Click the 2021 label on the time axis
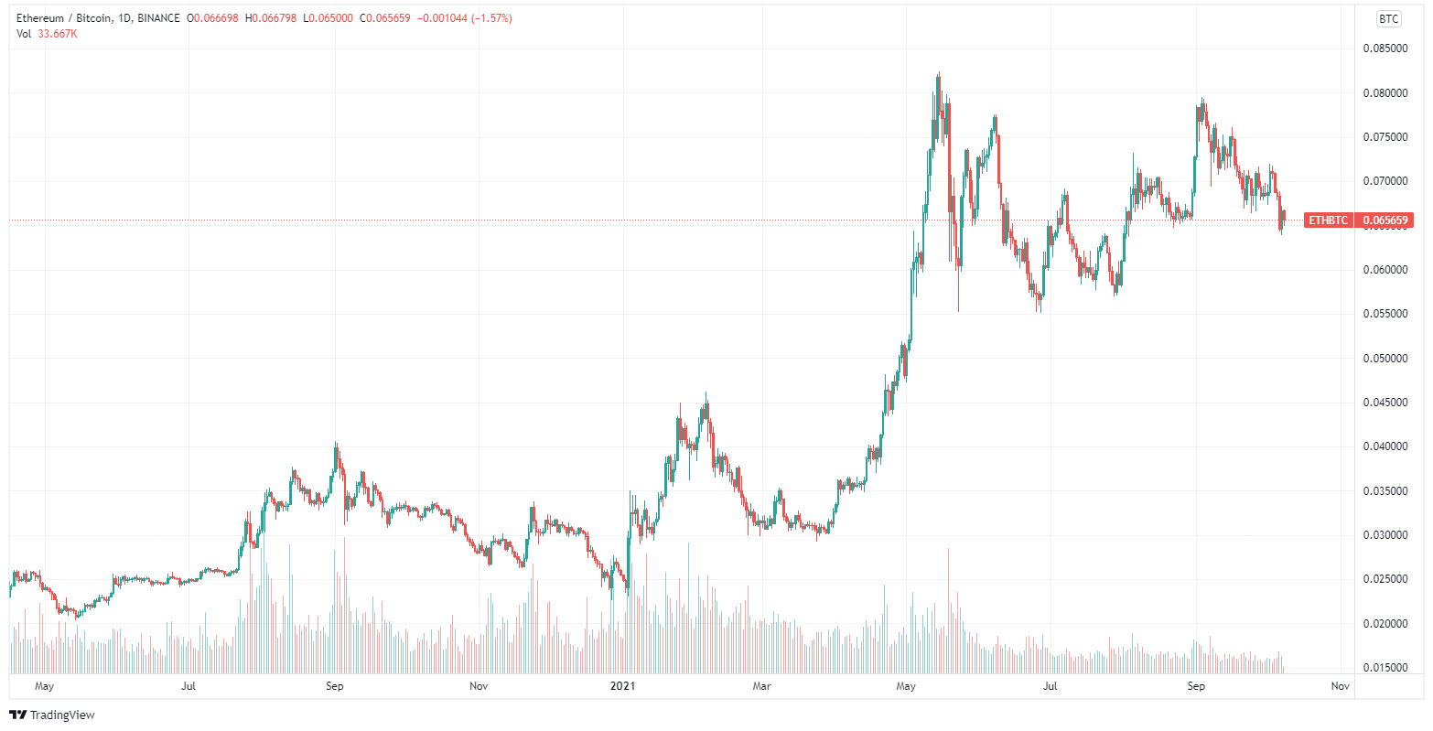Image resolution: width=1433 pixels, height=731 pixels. click(x=622, y=685)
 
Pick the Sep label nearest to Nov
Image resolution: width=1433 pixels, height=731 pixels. click(x=1196, y=685)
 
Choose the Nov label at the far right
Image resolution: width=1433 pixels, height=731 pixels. click(x=1340, y=685)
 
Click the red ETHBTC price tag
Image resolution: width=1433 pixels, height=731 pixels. click(x=1328, y=220)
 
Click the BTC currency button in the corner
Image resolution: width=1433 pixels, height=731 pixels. click(x=1389, y=19)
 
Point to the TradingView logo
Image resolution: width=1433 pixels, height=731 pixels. click(x=52, y=715)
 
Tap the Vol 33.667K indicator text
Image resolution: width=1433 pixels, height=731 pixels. click(x=47, y=34)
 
